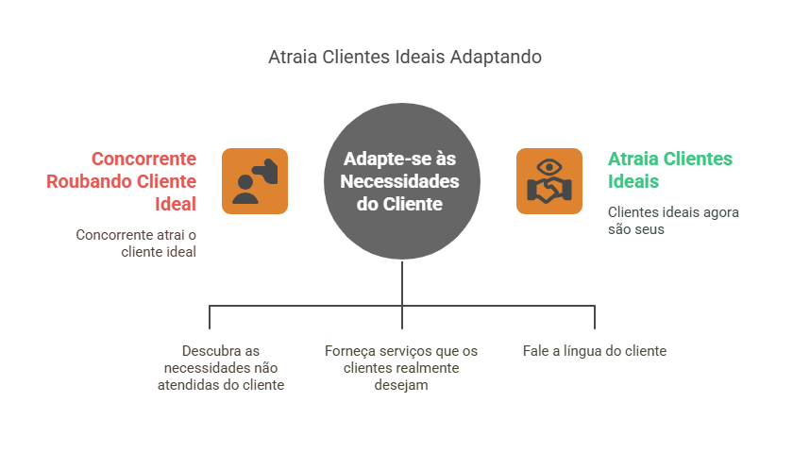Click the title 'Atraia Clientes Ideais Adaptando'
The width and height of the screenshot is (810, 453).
click(405, 57)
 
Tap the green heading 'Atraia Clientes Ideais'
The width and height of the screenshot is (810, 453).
click(669, 169)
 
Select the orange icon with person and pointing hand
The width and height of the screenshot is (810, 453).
click(255, 180)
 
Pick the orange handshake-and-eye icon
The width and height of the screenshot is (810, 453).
click(548, 180)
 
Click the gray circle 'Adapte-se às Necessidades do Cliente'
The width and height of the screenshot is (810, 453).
click(403, 181)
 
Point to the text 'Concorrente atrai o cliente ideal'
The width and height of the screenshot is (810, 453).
click(136, 243)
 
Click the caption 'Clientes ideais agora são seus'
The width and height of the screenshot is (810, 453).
click(672, 220)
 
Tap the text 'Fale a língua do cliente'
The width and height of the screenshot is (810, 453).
click(594, 351)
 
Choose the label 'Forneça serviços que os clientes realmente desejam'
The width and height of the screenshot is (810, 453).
click(400, 368)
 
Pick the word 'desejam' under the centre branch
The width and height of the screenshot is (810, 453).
click(400, 385)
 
